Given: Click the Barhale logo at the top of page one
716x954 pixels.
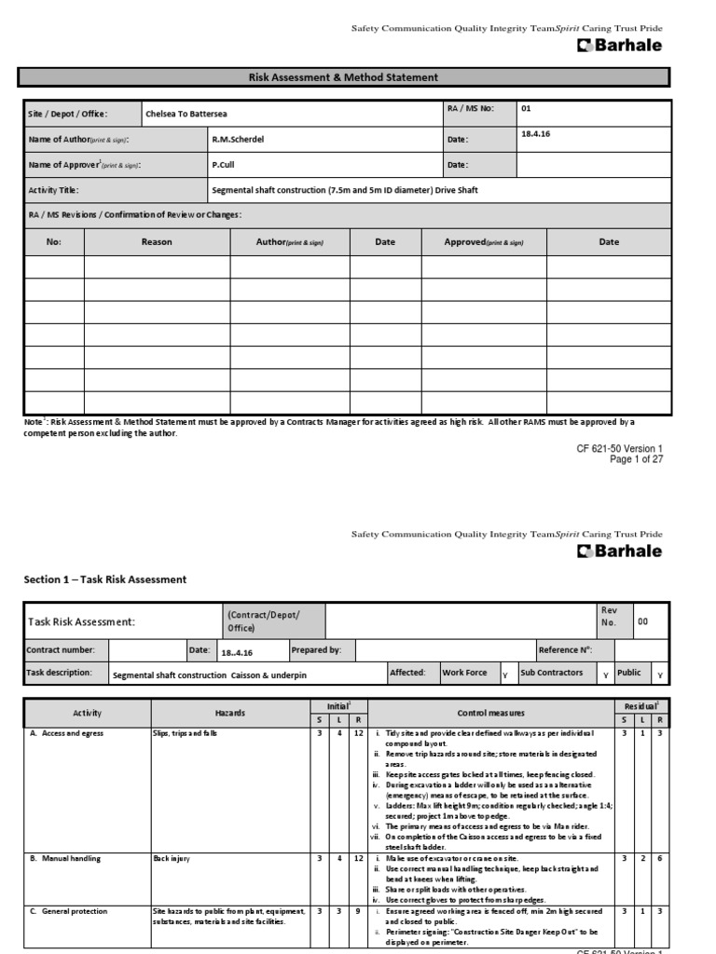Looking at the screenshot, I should (x=619, y=46).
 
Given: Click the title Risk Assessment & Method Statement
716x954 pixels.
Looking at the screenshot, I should (x=344, y=77).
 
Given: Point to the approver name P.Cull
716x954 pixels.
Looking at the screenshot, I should (x=225, y=165).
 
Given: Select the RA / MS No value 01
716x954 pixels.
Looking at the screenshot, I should (x=526, y=108).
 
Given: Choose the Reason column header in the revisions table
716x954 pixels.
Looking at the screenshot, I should (x=157, y=242).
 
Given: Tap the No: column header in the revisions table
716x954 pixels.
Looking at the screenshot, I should (x=53, y=242).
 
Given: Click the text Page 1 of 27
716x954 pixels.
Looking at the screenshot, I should (x=636, y=459).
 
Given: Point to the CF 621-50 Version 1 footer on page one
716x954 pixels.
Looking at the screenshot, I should (x=620, y=448).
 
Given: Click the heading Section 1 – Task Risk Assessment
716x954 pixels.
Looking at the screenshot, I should (x=104, y=579).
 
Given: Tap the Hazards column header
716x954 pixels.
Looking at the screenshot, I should (x=230, y=713).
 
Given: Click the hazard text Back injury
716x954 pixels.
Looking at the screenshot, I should (x=172, y=858).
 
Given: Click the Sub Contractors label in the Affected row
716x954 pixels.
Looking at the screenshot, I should (x=552, y=672).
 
